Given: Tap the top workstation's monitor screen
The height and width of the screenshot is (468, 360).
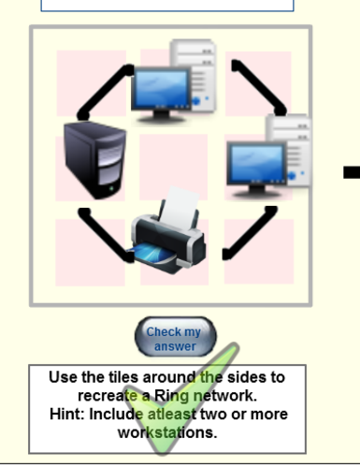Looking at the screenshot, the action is pos(160,88).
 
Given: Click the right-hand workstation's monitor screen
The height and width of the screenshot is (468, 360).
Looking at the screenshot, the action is pos(253,165).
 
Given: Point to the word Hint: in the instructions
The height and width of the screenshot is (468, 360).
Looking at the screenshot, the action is pos(74,414).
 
